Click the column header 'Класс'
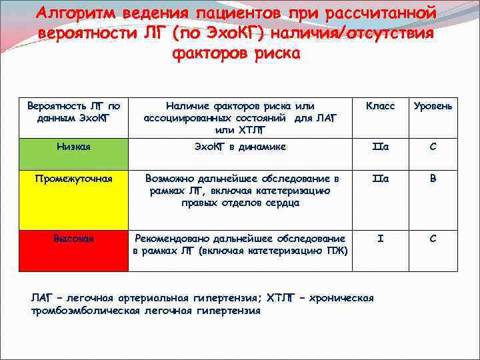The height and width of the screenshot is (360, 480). click(381, 106)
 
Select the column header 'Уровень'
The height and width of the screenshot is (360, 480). click(433, 106)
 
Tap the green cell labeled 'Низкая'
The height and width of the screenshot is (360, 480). click(74, 147)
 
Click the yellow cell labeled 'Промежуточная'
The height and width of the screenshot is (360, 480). click(74, 179)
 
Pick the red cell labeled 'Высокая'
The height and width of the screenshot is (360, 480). click(74, 239)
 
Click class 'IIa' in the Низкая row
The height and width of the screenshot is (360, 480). click(381, 147)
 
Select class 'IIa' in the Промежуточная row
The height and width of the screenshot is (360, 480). click(381, 179)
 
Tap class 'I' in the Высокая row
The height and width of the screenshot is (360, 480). click(381, 239)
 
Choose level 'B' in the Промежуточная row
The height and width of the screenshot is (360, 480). click(433, 179)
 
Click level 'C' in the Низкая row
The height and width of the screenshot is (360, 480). click(433, 147)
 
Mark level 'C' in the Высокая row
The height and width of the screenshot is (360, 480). click(433, 239)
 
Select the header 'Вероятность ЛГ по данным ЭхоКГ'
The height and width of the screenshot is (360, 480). click(74, 111)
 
